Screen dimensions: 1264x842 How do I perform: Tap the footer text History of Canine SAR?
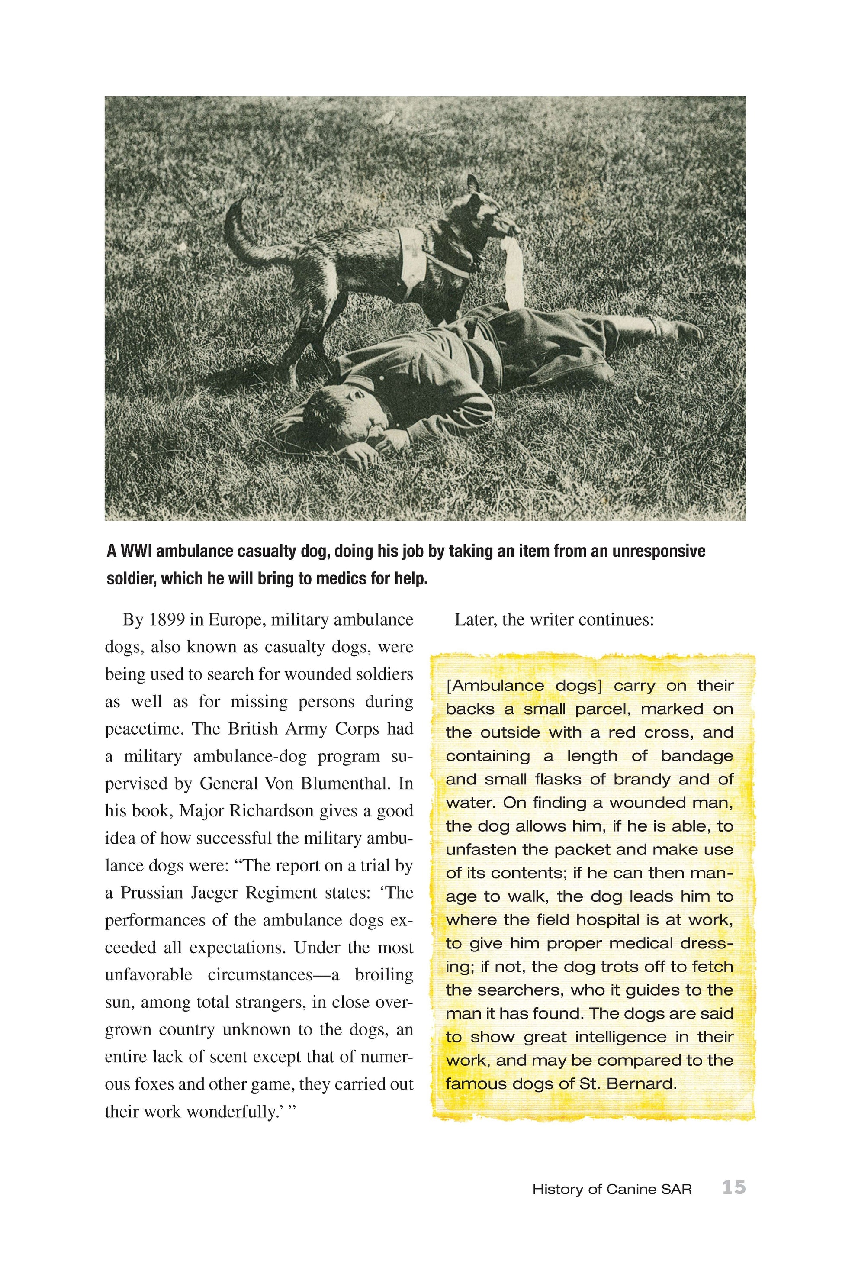pos(612,1190)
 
